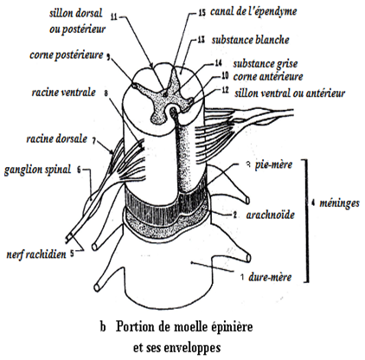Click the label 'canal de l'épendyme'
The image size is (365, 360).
pos(253,12)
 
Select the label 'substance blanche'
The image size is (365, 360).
pos(250,40)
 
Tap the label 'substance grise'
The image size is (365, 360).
pos(266,64)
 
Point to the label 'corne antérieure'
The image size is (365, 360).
pos(268,77)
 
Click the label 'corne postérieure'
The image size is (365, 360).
pos(67,55)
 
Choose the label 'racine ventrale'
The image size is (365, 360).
pos(63,93)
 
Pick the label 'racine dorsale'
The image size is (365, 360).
pos(57,138)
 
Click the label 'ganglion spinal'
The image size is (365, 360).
pos(37,170)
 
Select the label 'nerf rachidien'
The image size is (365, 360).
pos(36,254)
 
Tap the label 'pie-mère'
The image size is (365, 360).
pos(273,164)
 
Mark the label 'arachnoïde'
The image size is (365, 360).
pos(270,215)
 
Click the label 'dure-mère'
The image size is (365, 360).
pos(270,277)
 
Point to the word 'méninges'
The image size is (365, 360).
pos(339,203)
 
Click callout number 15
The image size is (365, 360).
pos(202,13)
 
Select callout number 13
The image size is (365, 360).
pos(201,40)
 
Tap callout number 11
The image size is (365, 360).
pos(114,16)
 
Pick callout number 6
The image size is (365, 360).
pos(79,170)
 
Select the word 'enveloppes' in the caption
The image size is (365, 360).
pos(192,348)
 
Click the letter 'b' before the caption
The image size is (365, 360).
pos(103,328)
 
